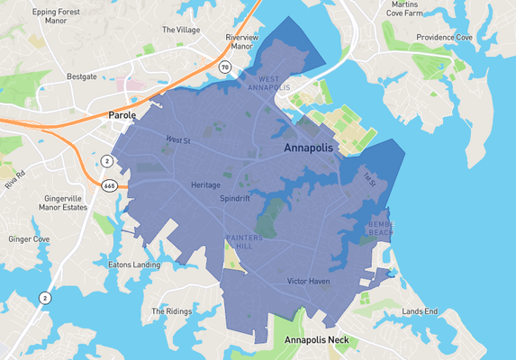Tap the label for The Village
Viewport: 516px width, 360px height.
tap(180, 30)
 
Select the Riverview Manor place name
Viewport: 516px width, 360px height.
tap(241, 42)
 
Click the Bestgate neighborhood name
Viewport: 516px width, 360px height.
tap(82, 77)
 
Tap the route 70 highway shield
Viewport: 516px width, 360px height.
tap(225, 67)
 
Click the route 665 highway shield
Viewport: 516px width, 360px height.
tap(109, 185)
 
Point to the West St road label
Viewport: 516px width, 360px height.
tap(178, 139)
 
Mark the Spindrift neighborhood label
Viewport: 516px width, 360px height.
tap(236, 199)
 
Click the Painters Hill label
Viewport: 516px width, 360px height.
tap(244, 241)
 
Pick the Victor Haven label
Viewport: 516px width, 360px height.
tap(308, 282)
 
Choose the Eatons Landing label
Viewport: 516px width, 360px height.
tap(133, 265)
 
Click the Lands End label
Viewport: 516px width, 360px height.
tap(420, 311)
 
